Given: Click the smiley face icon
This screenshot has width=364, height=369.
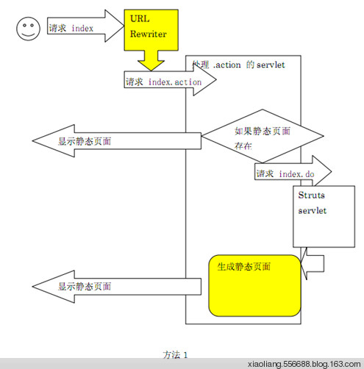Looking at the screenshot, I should tap(28, 30).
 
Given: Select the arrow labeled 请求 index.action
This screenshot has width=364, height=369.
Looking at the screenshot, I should tap(168, 82).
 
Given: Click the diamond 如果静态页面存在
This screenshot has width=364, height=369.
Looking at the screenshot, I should tap(263, 137).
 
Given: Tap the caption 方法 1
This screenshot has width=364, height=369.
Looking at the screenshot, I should tap(176, 354).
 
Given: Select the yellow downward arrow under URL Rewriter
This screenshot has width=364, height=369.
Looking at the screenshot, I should tap(157, 58).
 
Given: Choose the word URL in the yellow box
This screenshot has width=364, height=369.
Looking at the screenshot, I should tap(138, 17).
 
